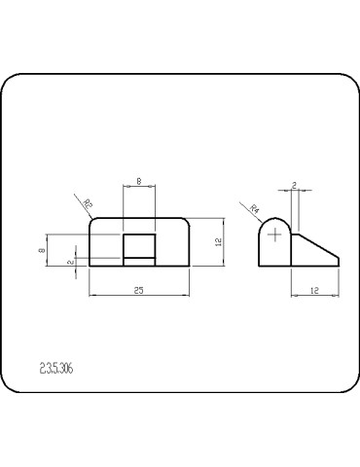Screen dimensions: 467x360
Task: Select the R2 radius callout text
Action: pyautogui.click(x=88, y=204)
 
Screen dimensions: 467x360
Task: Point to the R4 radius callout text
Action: pyautogui.click(x=255, y=208)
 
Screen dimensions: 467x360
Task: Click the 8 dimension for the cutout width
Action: pyautogui.click(x=139, y=181)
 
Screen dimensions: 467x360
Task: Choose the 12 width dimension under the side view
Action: pyautogui.click(x=314, y=289)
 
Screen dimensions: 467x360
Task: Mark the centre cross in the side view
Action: pyautogui.click(x=276, y=234)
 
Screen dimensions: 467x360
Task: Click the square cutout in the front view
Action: pyautogui.click(x=139, y=244)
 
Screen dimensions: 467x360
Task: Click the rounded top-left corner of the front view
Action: pyautogui.click(x=92, y=221)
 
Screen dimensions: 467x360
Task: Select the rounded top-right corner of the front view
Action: pyautogui.click(x=187, y=221)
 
